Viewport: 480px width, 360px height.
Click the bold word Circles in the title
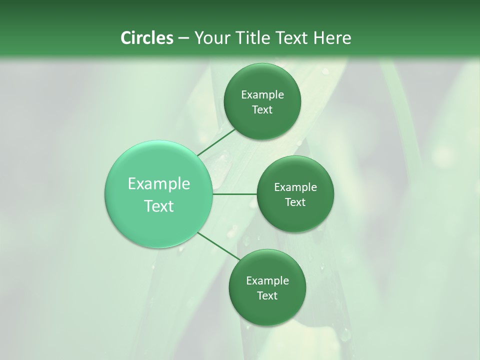tap(146, 38)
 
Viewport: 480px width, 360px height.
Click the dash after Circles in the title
tap(183, 38)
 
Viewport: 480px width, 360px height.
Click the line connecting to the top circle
tap(216, 141)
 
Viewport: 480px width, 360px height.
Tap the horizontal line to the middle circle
tap(234, 194)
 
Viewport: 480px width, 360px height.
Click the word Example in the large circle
tap(159, 184)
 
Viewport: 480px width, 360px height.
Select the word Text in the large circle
tap(159, 206)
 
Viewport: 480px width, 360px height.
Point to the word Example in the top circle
tap(262, 95)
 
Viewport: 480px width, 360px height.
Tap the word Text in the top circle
tap(262, 109)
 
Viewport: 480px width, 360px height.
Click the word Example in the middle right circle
tap(295, 187)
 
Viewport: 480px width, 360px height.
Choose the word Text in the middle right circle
tap(295, 202)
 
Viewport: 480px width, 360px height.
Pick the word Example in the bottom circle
tap(267, 281)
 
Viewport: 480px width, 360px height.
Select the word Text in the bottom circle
tap(267, 295)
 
